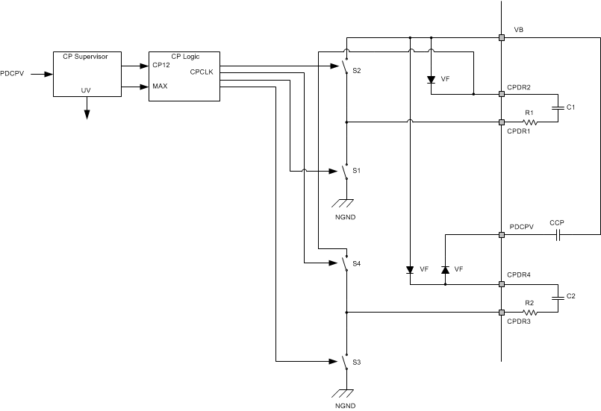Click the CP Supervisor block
click(87, 74)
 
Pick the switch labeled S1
click(345, 172)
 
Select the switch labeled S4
click(345, 263)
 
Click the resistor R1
click(529, 122)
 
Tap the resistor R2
click(529, 312)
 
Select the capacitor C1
click(556, 108)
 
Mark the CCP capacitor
click(557, 234)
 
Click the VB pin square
click(501, 37)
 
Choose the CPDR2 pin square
click(501, 95)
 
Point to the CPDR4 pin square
click(501, 284)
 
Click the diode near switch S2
click(431, 79)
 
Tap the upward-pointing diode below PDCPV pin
click(445, 269)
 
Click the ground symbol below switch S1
click(345, 201)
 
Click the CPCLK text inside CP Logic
click(202, 72)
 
